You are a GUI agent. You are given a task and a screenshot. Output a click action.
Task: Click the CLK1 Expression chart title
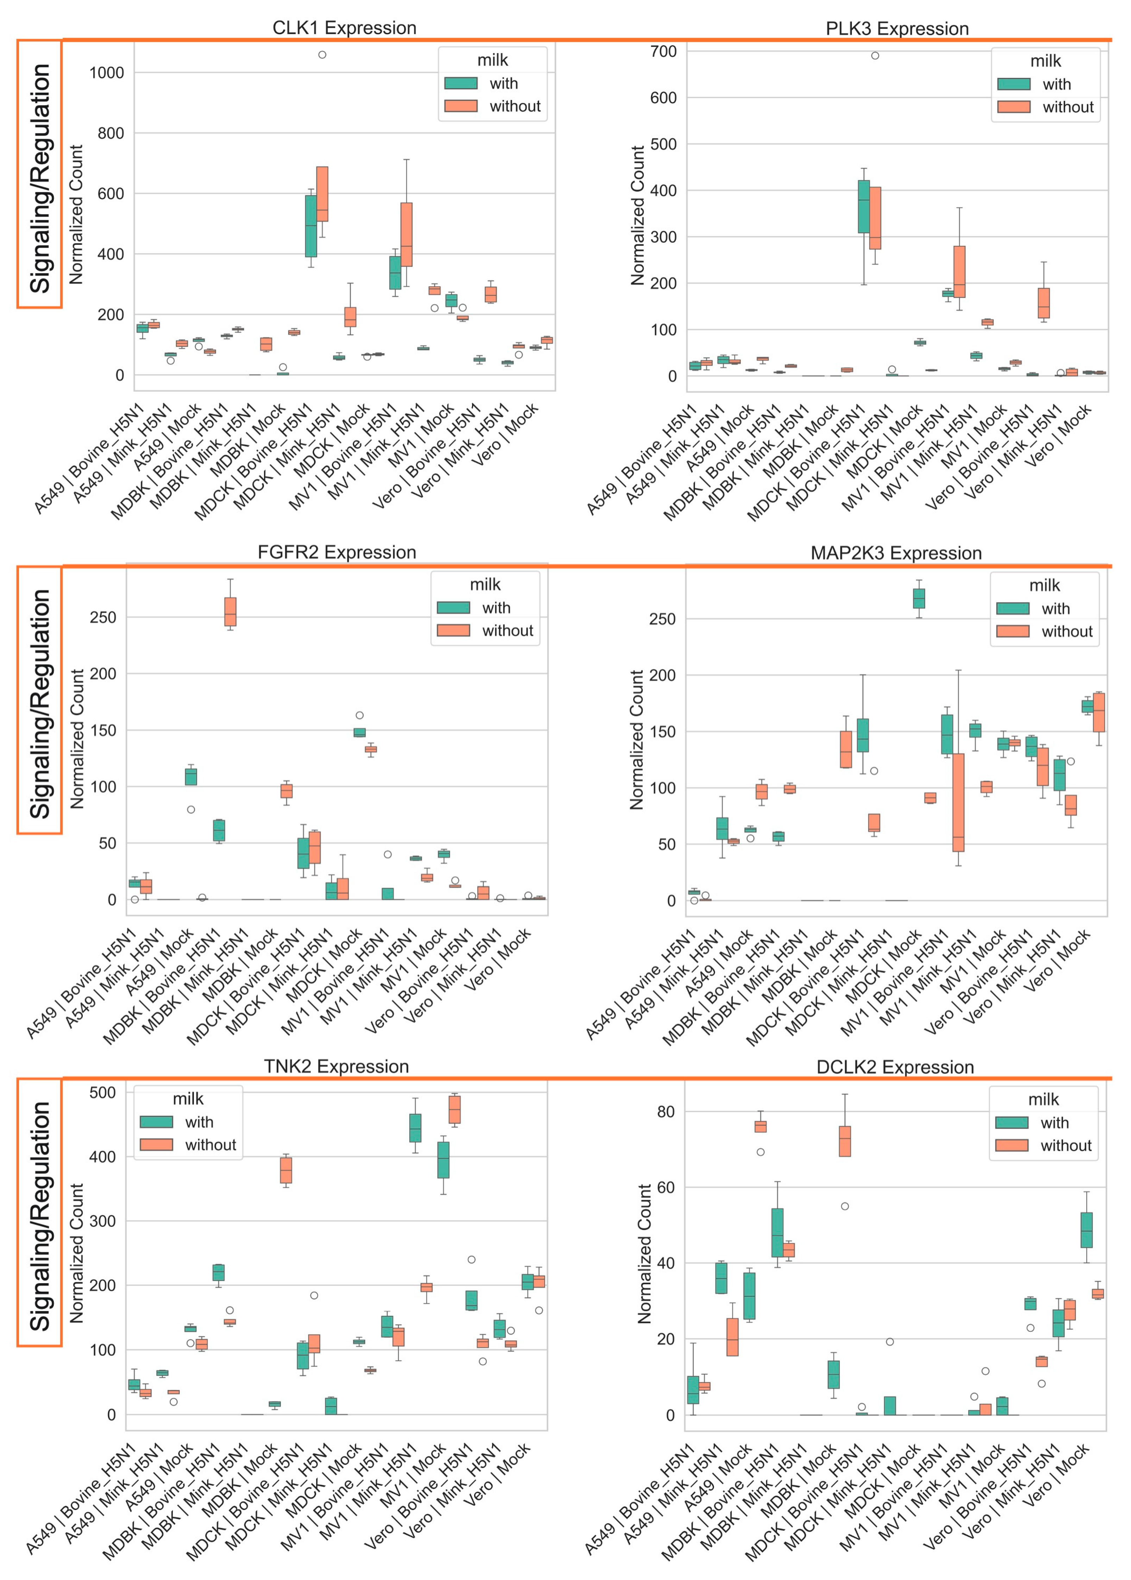[x=344, y=28]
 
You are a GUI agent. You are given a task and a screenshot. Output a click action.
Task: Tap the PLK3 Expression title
[x=897, y=29]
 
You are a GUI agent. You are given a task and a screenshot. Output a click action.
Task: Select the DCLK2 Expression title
[x=895, y=1067]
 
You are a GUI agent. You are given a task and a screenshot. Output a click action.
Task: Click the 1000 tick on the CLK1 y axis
[x=107, y=73]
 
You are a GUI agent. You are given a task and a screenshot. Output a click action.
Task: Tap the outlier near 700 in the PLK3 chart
[x=875, y=56]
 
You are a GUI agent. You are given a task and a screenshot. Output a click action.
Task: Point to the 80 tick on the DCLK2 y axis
[x=666, y=1112]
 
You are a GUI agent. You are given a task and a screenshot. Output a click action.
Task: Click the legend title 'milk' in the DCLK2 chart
[x=1043, y=1099]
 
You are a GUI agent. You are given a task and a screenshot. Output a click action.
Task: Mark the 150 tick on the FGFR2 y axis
[x=103, y=730]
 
